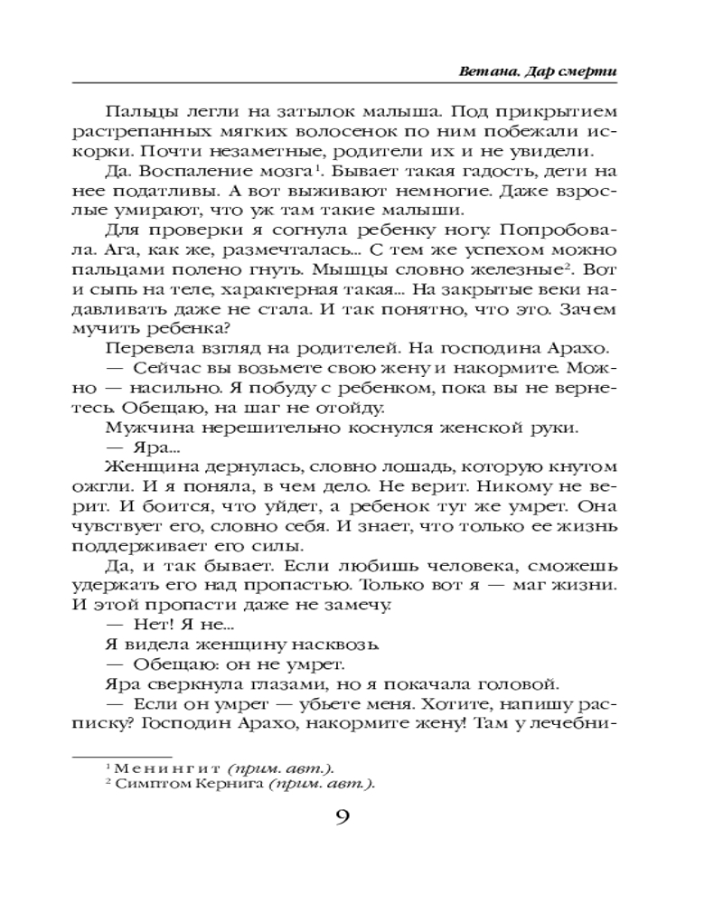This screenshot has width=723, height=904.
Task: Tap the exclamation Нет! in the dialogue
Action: pyautogui.click(x=151, y=626)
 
